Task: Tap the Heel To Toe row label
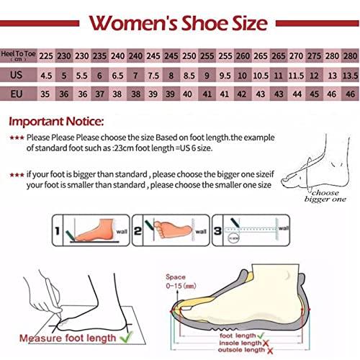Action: (18, 54)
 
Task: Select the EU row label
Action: (18, 93)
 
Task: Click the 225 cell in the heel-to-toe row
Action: (46, 55)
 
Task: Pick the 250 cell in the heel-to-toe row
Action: (189, 55)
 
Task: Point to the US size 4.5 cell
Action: (46, 74)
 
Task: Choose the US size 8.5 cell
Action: (189, 74)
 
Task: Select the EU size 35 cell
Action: (46, 93)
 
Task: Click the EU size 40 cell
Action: (189, 93)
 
